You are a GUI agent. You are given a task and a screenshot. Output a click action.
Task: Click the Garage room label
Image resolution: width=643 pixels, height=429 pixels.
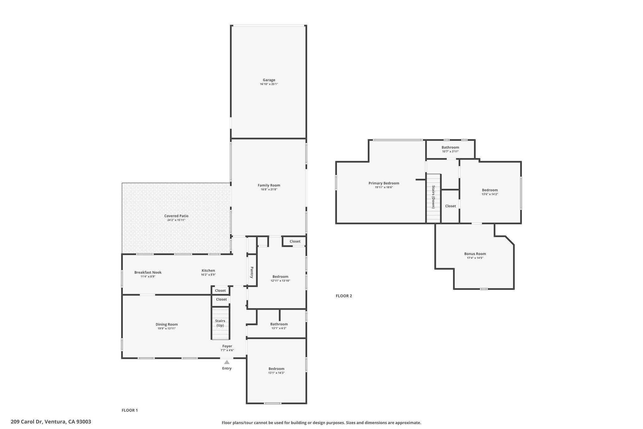(269, 80)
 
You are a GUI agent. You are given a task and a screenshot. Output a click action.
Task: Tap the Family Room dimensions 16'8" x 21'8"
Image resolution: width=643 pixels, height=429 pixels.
(269, 190)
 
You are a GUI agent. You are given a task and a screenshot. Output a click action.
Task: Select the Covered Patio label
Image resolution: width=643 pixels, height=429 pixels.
(176, 216)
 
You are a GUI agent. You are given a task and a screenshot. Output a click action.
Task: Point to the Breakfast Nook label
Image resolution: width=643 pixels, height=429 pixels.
(148, 272)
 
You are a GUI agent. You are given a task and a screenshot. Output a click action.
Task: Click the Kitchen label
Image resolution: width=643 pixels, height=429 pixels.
(208, 271)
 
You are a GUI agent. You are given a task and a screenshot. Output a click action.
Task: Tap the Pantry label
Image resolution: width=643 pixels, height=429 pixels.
(252, 272)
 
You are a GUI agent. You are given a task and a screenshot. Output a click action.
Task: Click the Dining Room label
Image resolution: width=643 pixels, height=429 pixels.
(167, 325)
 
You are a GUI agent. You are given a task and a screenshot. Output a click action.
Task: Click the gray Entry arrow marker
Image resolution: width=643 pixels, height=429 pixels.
(227, 362)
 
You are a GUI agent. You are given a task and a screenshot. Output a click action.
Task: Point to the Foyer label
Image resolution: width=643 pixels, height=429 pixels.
(227, 346)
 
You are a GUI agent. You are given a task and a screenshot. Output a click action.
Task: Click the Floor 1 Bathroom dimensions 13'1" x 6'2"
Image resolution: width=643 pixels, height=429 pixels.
(279, 328)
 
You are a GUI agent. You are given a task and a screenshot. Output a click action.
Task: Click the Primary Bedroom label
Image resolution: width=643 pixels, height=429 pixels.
(384, 183)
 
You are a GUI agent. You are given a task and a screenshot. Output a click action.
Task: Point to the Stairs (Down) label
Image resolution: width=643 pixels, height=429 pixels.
(433, 197)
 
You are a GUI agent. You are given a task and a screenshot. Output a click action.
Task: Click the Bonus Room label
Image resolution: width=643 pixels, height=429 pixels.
(475, 254)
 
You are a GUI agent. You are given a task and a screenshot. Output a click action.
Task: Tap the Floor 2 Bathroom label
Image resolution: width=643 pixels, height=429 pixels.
(450, 147)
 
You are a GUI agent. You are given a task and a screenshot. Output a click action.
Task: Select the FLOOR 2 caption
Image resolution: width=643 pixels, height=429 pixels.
(344, 296)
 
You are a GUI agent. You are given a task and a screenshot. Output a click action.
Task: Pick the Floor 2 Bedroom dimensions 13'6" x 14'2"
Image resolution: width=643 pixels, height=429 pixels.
(490, 194)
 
